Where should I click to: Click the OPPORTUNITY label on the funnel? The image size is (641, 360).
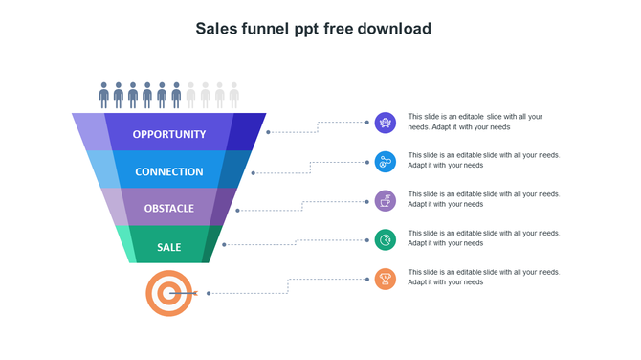(169, 134)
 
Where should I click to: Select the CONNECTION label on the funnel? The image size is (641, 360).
(169, 171)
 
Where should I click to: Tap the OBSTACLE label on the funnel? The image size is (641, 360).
(169, 208)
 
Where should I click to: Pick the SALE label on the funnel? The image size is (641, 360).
(169, 247)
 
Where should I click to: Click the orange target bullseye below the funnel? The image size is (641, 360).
(168, 292)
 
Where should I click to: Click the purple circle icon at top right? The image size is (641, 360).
(386, 122)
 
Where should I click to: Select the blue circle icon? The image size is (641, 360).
(386, 162)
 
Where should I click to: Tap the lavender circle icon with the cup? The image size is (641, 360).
(386, 201)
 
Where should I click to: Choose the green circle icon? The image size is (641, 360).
(386, 239)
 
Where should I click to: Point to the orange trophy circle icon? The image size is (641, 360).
(386, 280)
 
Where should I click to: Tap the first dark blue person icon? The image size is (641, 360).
(104, 94)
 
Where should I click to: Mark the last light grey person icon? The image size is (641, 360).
(234, 94)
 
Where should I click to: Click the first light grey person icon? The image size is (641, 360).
(190, 94)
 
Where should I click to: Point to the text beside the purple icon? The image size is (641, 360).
(475, 122)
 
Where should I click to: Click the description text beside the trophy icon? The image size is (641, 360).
(483, 277)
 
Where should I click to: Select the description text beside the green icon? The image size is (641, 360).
(483, 237)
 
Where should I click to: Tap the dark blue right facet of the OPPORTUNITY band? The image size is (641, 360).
(248, 131)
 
